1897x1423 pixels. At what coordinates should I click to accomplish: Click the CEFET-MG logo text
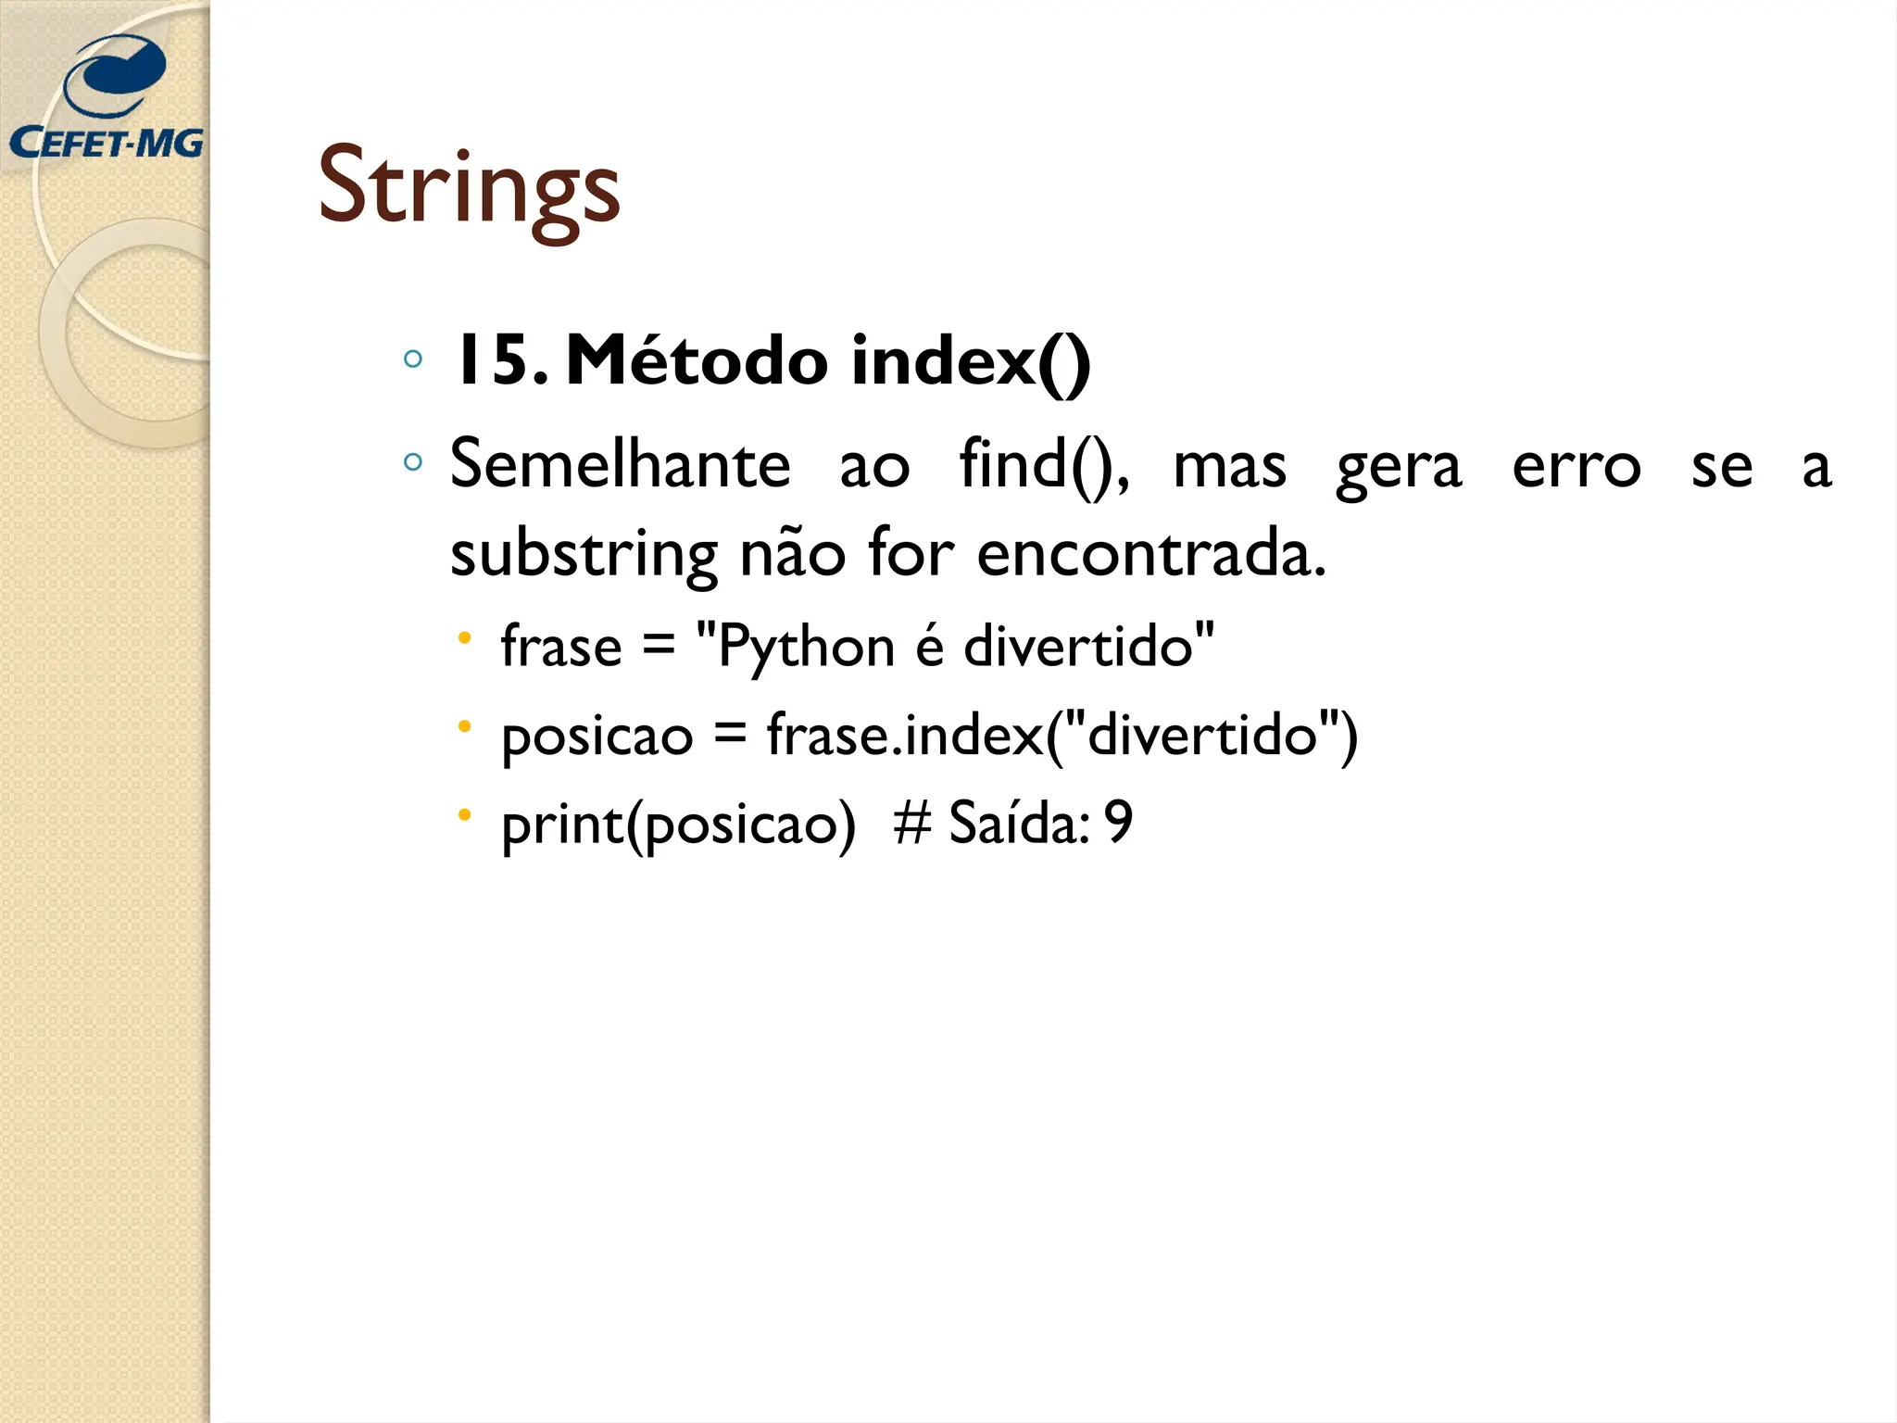coord(106,143)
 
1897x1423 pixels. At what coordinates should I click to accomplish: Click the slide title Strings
coord(469,187)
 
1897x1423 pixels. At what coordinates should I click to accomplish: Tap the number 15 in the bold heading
coord(490,360)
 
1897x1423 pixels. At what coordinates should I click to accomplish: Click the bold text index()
coord(971,360)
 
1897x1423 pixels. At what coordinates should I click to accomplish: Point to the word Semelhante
coord(620,465)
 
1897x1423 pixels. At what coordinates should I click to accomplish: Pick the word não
coord(792,553)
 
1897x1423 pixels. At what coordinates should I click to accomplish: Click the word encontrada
coord(1151,553)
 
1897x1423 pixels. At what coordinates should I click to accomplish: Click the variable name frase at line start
coord(561,646)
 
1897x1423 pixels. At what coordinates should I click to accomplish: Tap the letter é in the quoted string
coord(930,646)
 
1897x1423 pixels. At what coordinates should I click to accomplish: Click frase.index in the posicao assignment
coord(905,736)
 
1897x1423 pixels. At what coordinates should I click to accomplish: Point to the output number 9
coord(1119,822)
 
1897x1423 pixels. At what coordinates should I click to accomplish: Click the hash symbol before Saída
coord(911,823)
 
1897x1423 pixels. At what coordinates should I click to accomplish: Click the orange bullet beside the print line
coord(465,815)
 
